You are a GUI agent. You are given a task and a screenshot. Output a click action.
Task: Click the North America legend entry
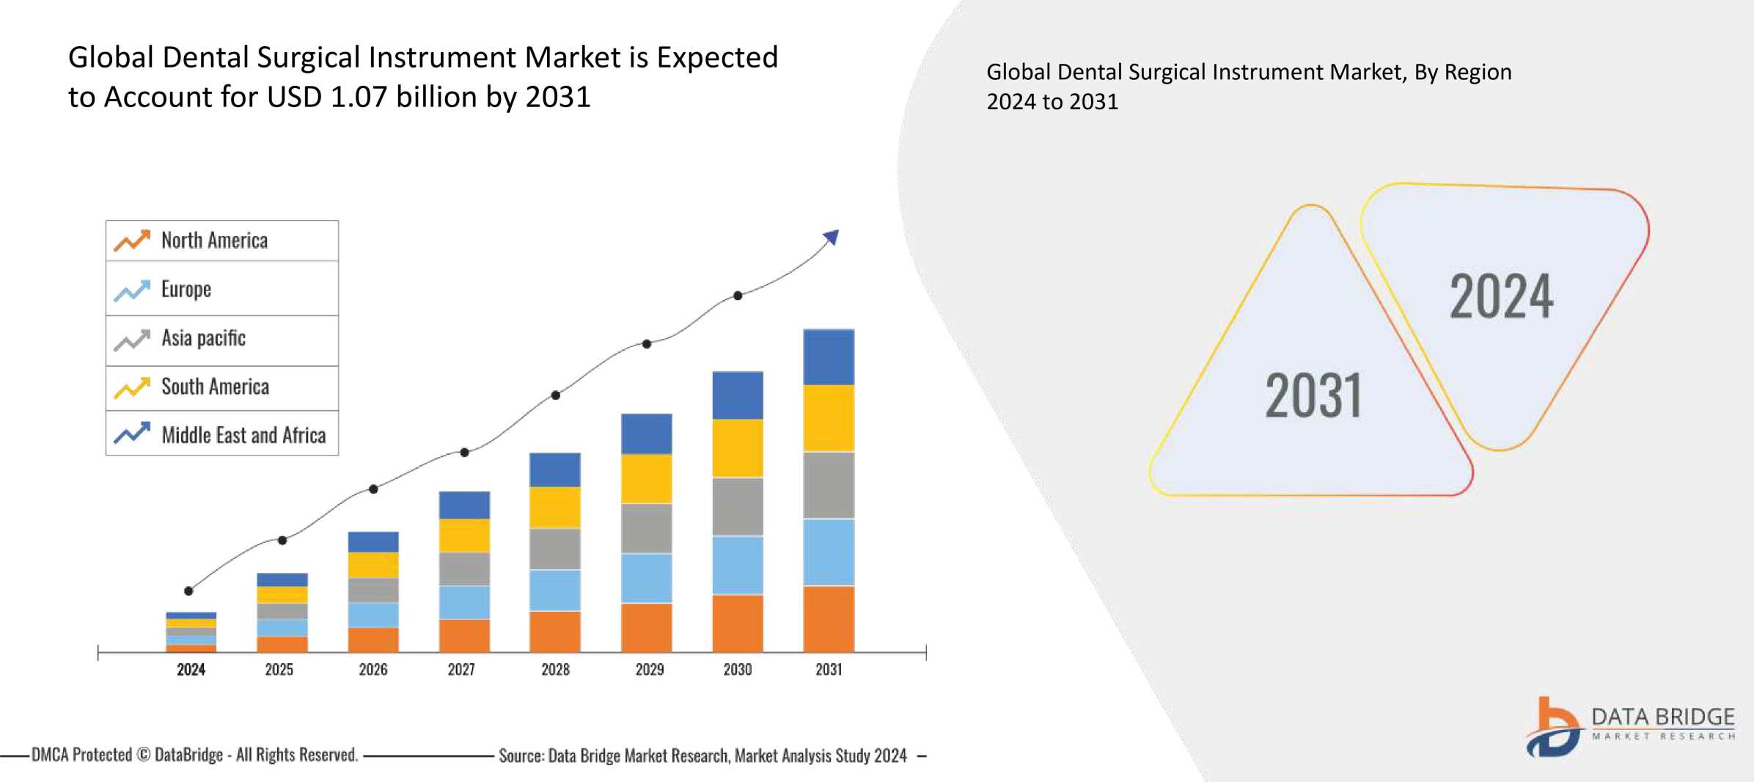click(214, 241)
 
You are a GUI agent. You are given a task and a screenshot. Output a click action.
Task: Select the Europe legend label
click(186, 290)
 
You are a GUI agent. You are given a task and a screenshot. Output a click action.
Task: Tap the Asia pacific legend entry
click(203, 338)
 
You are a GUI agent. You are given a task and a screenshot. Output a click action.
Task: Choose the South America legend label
click(215, 387)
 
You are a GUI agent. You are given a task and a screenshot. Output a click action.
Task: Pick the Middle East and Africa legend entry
click(243, 435)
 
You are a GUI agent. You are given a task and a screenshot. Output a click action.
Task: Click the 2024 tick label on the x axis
click(191, 669)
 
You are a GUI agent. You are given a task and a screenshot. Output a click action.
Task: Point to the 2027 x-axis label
click(461, 669)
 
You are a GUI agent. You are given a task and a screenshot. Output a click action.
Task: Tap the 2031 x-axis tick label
click(829, 669)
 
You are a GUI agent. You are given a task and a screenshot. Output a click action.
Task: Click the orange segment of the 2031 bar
click(829, 618)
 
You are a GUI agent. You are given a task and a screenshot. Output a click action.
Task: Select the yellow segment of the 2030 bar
click(738, 447)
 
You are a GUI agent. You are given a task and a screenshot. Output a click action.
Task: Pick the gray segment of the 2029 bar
click(646, 527)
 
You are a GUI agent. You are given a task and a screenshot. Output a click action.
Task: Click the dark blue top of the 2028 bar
click(555, 469)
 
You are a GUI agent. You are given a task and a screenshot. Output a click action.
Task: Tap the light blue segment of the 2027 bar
click(464, 602)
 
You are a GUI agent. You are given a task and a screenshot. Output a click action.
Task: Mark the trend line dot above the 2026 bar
click(373, 489)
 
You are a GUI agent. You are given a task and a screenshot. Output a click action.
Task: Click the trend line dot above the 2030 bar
click(738, 296)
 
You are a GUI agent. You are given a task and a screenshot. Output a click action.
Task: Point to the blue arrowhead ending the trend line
click(832, 237)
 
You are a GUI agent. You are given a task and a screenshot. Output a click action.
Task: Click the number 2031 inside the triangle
click(1313, 396)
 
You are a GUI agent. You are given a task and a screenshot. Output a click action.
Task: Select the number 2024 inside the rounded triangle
click(1501, 296)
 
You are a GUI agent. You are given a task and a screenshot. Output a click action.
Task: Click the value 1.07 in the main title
click(359, 97)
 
